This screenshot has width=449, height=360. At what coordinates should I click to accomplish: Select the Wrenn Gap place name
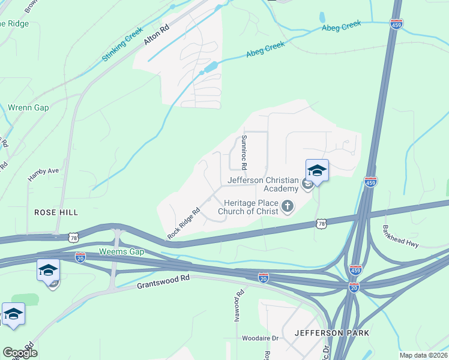click(x=28, y=108)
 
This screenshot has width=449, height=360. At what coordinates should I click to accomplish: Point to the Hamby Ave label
click(x=43, y=175)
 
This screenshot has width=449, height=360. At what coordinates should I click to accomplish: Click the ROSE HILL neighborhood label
click(x=56, y=212)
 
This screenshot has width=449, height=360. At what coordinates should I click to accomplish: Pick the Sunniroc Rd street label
click(x=244, y=151)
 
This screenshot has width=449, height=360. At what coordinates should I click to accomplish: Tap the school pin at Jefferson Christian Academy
click(x=317, y=170)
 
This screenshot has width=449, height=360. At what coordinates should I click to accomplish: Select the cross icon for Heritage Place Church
click(x=288, y=207)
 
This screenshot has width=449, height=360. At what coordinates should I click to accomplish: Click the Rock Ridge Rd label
click(x=184, y=224)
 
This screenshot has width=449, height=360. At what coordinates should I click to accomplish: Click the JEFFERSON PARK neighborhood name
click(x=331, y=332)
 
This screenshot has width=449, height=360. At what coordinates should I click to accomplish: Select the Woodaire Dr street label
click(x=261, y=338)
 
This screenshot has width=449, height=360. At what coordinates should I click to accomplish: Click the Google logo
click(x=20, y=353)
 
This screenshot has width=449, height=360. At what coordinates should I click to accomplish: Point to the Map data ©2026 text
click(x=423, y=355)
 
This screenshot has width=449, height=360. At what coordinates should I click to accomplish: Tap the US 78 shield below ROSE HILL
click(x=74, y=237)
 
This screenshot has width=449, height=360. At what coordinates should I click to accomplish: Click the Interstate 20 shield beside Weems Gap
click(x=80, y=256)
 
